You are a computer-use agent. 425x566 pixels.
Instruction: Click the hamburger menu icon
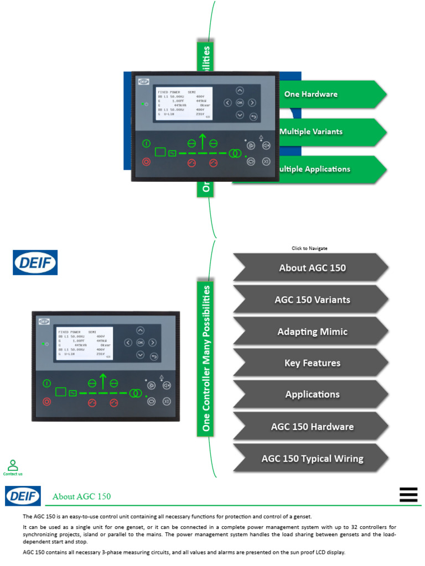pyautogui.click(x=408, y=495)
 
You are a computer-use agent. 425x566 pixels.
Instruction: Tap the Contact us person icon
pyautogui.click(x=13, y=465)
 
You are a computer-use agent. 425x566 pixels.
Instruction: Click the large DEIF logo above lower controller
pyautogui.click(x=35, y=263)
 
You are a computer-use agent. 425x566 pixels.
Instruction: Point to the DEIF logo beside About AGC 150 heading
pyautogui.click(x=23, y=496)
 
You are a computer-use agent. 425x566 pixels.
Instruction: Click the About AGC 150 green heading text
pyautogui.click(x=81, y=496)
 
